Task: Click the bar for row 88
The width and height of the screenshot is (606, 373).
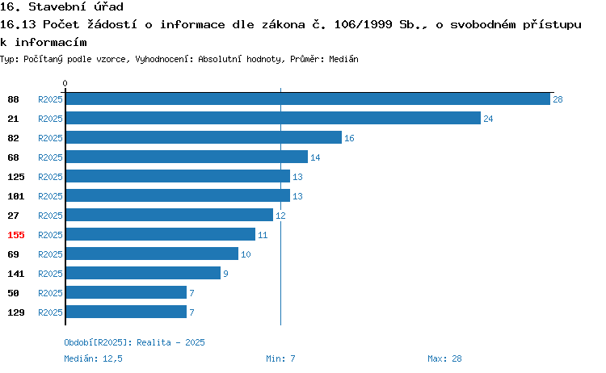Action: point(308,98)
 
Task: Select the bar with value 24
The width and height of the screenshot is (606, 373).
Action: point(273,118)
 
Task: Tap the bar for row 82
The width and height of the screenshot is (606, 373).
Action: point(204,137)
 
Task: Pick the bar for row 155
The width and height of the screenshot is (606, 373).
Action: point(161,234)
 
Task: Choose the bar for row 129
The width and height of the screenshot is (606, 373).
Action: point(126,312)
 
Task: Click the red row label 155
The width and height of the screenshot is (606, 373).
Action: point(16,235)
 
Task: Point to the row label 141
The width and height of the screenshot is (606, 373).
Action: point(16,274)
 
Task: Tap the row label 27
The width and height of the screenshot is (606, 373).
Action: point(13,216)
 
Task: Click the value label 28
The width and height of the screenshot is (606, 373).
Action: point(558,99)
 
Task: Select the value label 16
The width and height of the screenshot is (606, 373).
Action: point(349,138)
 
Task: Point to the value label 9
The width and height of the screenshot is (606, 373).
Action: point(225,274)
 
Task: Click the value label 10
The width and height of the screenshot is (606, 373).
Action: point(246,254)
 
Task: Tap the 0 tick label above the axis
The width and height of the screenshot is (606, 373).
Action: point(65,83)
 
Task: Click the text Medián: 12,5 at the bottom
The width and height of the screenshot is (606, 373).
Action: point(93,358)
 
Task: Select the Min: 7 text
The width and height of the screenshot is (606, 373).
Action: point(280,358)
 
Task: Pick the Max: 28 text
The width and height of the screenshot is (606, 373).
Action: point(444,358)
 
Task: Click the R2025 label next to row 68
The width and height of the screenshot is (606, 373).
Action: point(50,157)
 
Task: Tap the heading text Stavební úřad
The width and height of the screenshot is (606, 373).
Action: point(76,6)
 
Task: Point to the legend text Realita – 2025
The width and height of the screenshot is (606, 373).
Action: point(170,342)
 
